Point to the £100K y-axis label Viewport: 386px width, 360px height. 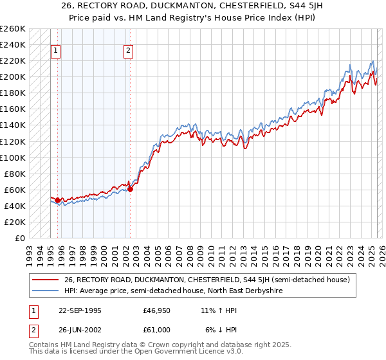[x=13, y=157]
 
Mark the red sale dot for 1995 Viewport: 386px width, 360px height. [x=58, y=201]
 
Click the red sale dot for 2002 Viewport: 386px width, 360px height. [x=130, y=189]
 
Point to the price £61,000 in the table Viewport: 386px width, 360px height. [x=156, y=330]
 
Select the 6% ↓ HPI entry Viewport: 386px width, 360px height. [x=221, y=330]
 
